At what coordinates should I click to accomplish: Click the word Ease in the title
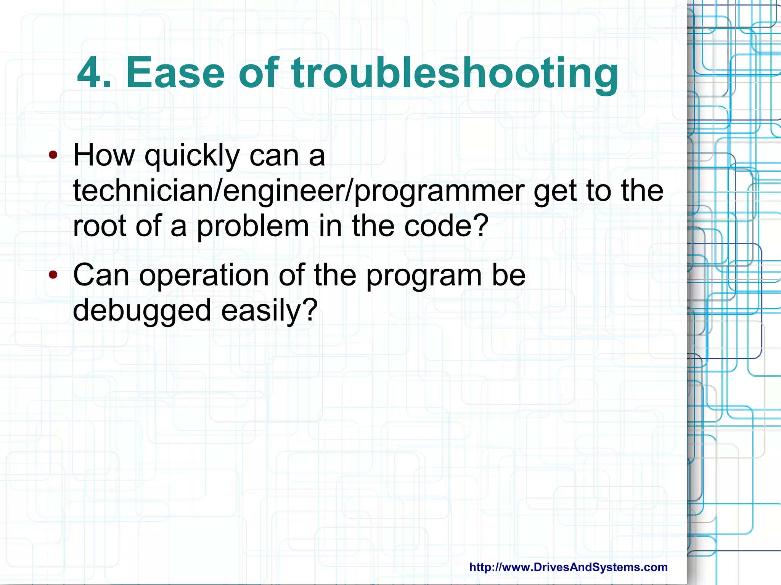pyautogui.click(x=175, y=73)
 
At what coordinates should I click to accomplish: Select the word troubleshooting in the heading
pyautogui.click(x=454, y=74)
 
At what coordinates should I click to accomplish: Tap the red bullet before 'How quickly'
pyautogui.click(x=53, y=155)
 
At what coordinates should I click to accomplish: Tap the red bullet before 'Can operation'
pyautogui.click(x=53, y=274)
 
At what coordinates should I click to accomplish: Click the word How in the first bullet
pyautogui.click(x=104, y=155)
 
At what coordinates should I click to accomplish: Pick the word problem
pyautogui.click(x=253, y=227)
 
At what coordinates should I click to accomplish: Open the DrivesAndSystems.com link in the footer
pyautogui.click(x=568, y=567)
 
